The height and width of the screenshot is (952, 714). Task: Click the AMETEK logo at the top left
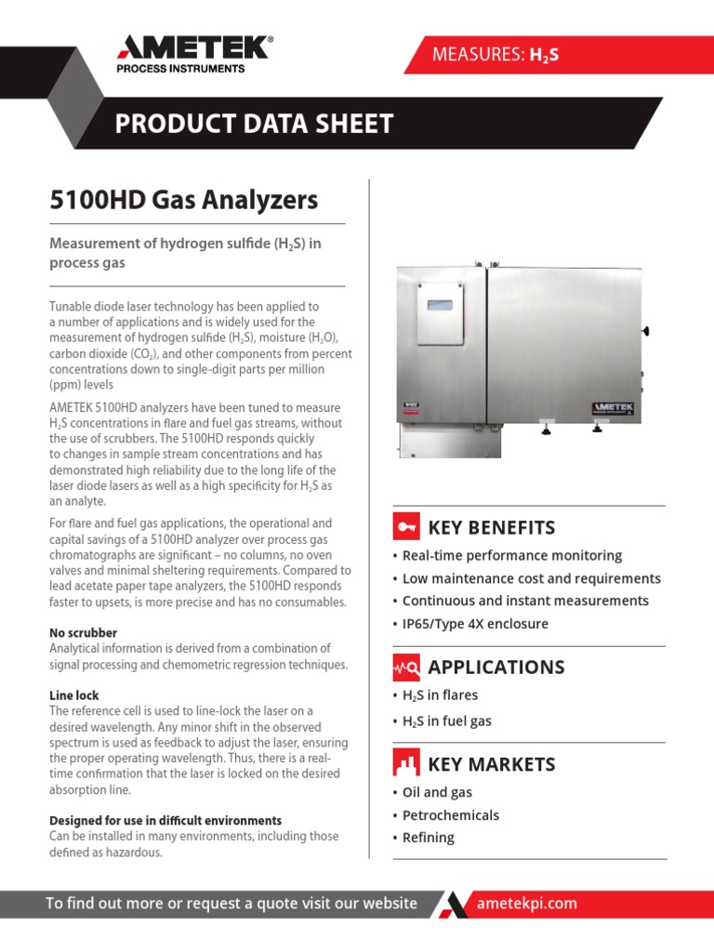(x=193, y=53)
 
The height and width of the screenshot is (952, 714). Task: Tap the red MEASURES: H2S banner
(x=495, y=56)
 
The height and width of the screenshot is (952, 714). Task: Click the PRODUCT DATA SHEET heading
(x=254, y=124)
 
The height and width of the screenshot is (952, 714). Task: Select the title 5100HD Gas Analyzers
(x=182, y=199)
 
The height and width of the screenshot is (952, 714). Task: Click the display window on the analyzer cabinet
(x=439, y=306)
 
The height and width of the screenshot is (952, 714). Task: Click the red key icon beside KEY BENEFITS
(x=406, y=527)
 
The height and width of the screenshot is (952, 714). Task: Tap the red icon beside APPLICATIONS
(x=406, y=667)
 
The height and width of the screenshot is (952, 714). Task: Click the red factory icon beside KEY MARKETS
(x=406, y=764)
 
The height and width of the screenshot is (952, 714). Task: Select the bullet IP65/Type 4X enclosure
(x=475, y=624)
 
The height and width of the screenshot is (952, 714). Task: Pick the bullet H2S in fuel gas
(x=446, y=721)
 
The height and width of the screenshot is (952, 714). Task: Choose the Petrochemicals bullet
(x=450, y=815)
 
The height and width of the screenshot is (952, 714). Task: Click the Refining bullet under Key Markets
(x=428, y=838)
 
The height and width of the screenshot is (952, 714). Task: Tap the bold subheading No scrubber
(x=83, y=633)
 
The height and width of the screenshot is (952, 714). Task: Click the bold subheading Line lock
(x=73, y=695)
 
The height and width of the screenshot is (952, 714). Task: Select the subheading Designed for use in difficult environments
(x=165, y=821)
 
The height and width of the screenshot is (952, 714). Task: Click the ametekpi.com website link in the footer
(x=526, y=904)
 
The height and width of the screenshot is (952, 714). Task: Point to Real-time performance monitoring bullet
(x=511, y=555)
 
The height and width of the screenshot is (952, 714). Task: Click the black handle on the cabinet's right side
(x=645, y=330)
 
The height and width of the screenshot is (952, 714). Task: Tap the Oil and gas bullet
(x=437, y=792)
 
